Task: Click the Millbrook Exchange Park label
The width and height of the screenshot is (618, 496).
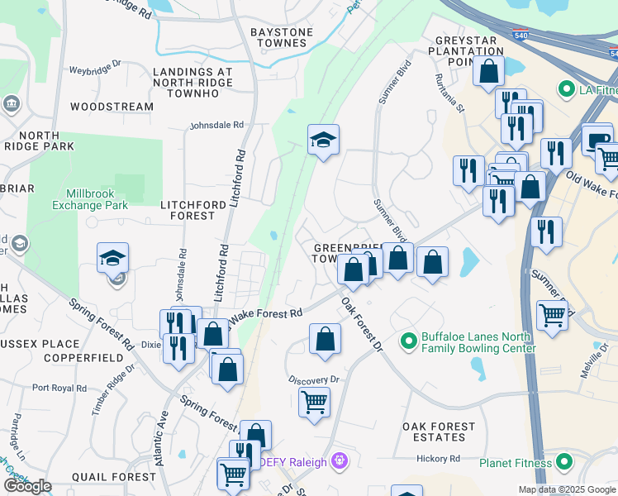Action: pos(91,198)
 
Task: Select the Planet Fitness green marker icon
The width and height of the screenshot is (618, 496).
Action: pos(565,462)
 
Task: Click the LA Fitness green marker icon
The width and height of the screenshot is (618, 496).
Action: pos(566,88)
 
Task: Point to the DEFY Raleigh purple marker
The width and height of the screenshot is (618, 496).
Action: pos(338,460)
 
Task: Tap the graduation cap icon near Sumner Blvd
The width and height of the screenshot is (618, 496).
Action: pos(324,141)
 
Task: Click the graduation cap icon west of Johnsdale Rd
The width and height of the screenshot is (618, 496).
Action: pos(112,259)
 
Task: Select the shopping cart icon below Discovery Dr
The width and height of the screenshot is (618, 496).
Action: pos(314,403)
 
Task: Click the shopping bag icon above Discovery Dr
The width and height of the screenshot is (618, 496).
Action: pos(326,339)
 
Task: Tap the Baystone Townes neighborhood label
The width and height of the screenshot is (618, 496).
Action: pos(282,38)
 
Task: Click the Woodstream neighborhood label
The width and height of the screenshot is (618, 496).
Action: pos(112,107)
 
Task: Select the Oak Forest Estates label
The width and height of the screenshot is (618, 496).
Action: pos(439,432)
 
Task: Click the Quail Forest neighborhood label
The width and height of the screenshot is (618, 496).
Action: pos(114,477)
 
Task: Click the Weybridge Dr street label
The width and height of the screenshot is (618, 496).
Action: pos(95,69)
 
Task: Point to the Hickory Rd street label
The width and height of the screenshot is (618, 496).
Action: pos(438,459)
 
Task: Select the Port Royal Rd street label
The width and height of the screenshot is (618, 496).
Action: pos(59,387)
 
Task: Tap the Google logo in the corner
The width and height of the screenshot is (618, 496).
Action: pos(28,486)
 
